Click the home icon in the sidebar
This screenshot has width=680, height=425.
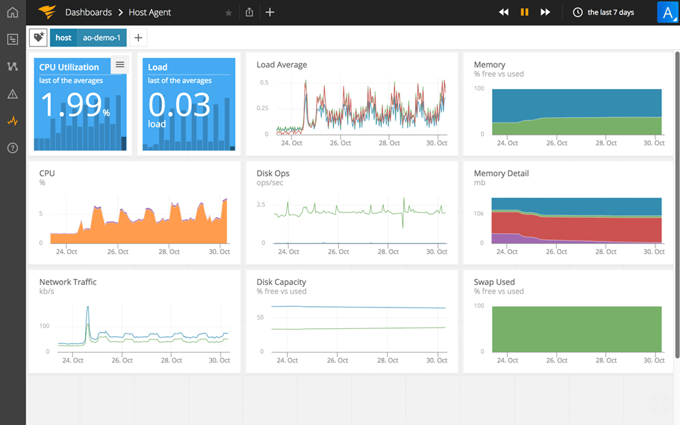(x=13, y=12)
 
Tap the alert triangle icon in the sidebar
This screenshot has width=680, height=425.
(x=13, y=94)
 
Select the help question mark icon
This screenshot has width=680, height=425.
(x=13, y=148)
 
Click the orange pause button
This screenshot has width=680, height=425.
(x=525, y=12)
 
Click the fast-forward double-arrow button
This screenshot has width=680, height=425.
(x=545, y=12)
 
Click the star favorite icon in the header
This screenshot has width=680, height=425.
(x=229, y=13)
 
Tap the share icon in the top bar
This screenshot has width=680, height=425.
(x=249, y=12)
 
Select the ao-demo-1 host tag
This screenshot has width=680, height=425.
(x=102, y=38)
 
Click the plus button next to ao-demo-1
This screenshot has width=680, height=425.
(x=138, y=38)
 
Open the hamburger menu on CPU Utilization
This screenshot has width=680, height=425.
(x=120, y=64)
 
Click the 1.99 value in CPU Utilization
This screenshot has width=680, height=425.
(x=70, y=105)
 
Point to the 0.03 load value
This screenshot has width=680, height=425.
(x=179, y=105)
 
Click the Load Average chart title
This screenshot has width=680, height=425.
(x=282, y=64)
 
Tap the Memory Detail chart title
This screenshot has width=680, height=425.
(x=501, y=173)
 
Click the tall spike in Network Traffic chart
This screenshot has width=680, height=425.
(x=88, y=309)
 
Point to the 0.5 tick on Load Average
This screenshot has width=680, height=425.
(x=264, y=82)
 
